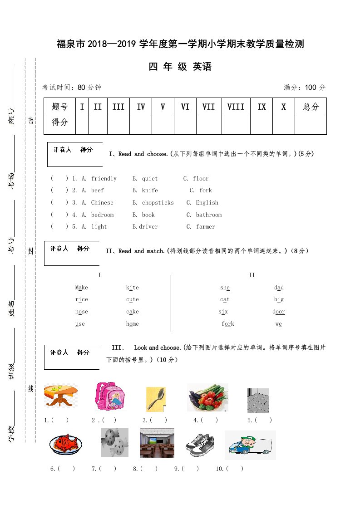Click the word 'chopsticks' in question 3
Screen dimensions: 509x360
pos(158,203)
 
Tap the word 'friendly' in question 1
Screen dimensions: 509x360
pos(104,179)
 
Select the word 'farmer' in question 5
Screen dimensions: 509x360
pos(206,227)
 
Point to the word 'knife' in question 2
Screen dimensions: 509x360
pos(150,191)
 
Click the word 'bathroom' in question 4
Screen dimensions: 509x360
pos(209,215)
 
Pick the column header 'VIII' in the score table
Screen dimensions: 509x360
pos(236,107)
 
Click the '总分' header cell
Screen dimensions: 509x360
pos(311,107)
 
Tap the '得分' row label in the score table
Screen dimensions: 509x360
pos(60,122)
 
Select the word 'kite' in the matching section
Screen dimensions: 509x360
pos(133,288)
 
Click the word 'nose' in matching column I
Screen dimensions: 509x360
pos(82,312)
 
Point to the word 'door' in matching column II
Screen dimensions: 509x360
pos(279,312)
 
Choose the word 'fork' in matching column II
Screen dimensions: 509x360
pos(228,324)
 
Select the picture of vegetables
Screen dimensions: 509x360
pos(207,397)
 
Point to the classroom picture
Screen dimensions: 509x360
pos(157,443)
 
